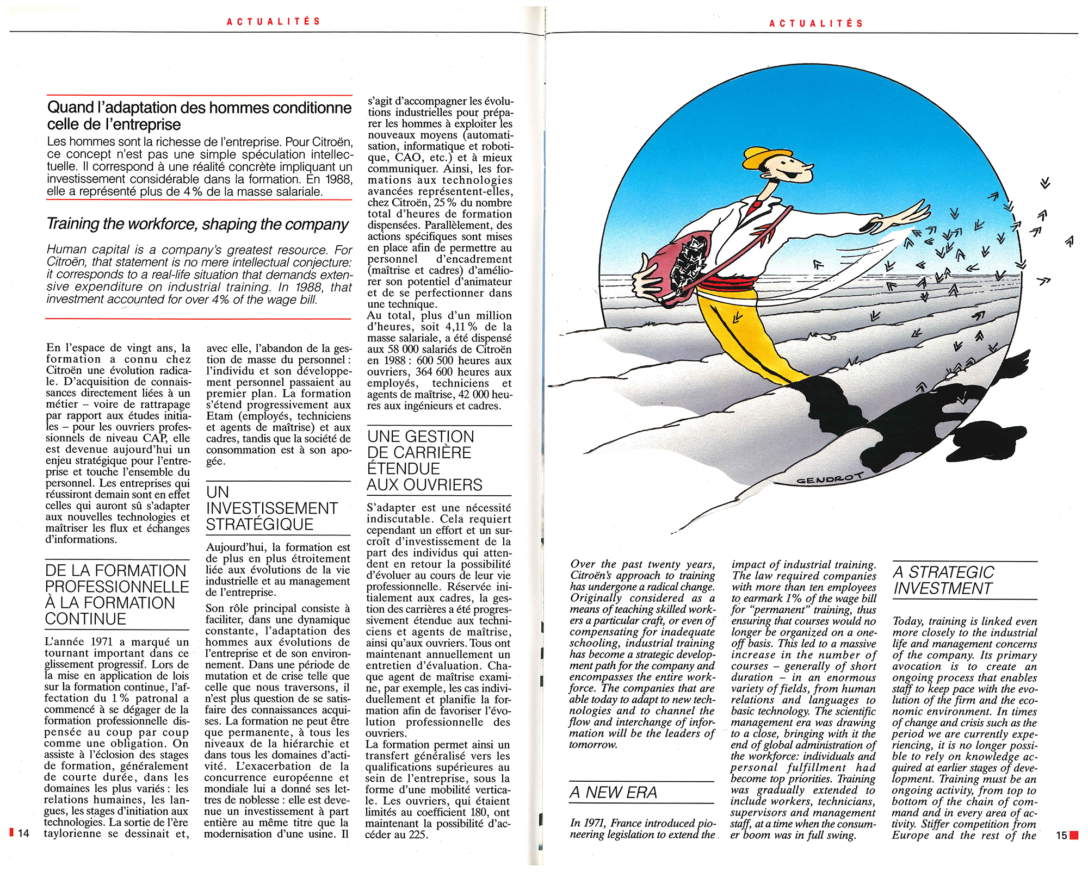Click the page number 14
23,833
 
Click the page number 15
1061,835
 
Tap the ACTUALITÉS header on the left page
274,22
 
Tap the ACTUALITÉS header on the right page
816,23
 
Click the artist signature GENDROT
830,479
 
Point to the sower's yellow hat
761,158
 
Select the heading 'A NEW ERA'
613,793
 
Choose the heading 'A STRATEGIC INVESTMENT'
944,581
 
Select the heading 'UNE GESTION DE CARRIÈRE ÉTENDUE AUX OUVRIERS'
424,460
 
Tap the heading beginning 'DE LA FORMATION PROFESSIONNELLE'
117,595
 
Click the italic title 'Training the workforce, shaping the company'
197,224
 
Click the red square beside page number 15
1074,835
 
